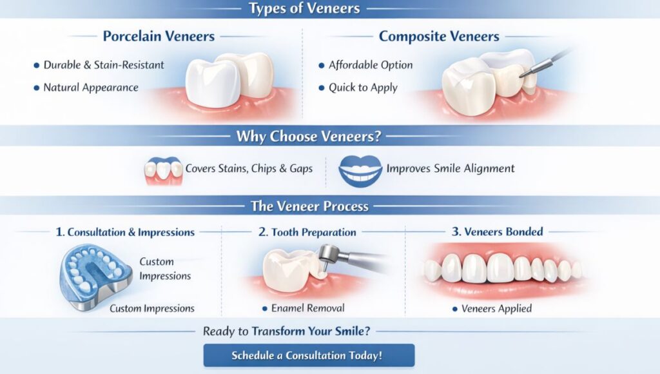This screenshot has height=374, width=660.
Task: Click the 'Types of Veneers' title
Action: click(304, 8)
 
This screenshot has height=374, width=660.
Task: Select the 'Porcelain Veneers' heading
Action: click(159, 36)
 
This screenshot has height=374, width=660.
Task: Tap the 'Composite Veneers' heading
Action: click(439, 36)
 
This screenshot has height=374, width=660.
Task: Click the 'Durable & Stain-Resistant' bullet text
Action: click(104, 65)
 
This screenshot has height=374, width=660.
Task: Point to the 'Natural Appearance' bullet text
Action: click(91, 88)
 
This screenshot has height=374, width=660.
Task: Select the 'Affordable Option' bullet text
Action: click(371, 65)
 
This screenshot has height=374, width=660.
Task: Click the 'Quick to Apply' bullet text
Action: click(363, 88)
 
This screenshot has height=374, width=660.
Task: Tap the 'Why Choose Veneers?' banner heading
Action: click(309, 136)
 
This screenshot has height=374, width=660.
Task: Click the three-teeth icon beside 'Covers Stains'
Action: click(163, 171)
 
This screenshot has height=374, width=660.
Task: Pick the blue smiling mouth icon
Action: click(360, 171)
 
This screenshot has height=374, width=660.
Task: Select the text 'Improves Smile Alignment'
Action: click(451, 168)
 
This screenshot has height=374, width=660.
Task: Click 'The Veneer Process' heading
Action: click(310, 206)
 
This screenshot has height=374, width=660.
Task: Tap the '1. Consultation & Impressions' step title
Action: click(125, 232)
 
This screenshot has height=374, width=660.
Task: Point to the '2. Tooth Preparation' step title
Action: click(307, 232)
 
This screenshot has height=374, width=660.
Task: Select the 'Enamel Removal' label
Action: click(307, 308)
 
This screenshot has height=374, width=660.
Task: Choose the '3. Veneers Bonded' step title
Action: click(497, 231)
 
